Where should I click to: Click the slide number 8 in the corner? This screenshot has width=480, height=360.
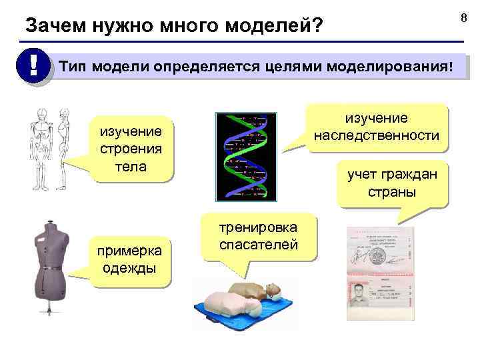point(465,12)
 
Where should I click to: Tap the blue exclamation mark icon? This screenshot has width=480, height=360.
point(31,67)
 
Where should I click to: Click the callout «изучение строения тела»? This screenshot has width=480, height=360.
point(130,147)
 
